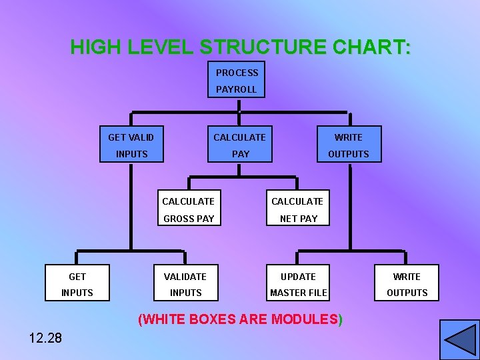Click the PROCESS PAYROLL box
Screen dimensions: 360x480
pos(236,80)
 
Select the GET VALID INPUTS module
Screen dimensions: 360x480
pos(131,145)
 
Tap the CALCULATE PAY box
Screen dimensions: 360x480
pos(239,145)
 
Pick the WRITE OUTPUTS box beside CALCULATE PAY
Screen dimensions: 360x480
pos(348,145)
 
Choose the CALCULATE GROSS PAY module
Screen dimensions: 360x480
pos(188,209)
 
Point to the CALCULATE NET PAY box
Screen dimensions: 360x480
pos(297,209)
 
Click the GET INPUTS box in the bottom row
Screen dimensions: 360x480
pos(77,285)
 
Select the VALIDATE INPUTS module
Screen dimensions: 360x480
pos(186,285)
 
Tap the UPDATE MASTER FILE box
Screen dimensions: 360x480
pos(298,285)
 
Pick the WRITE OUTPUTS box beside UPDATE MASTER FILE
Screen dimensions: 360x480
pos(407,285)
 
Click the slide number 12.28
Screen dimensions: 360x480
pos(45,338)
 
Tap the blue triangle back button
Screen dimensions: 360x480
pos(459,339)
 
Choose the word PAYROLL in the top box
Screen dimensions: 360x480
pos(236,89)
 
